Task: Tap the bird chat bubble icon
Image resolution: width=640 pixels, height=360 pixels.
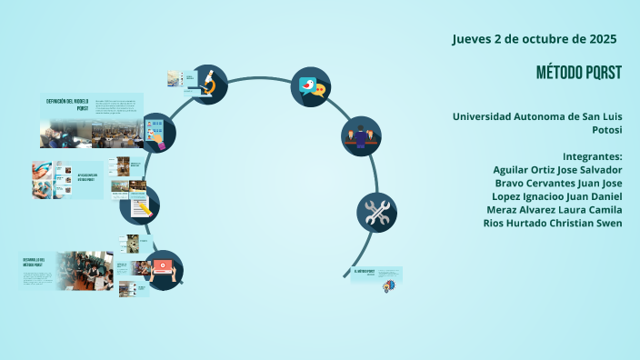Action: pos(310,86)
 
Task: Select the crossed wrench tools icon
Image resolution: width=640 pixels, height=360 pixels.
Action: pos(375,213)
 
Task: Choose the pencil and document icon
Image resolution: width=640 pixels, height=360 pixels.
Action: pos(140,205)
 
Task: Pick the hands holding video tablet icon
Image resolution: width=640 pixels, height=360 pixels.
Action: pos(164,269)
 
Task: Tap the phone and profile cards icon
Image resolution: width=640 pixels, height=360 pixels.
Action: pos(156,133)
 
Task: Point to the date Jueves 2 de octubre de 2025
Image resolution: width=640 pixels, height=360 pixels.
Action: pos(535,39)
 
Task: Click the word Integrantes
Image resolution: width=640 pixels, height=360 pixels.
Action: pos(592,155)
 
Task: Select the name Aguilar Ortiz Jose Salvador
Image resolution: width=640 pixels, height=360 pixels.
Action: pos(557,169)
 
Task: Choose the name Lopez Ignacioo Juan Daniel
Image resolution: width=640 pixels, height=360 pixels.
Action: pos(556,196)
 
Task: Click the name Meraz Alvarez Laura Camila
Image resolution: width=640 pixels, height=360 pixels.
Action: pos(554,210)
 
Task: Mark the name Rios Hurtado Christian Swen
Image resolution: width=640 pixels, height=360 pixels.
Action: pos(552,224)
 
